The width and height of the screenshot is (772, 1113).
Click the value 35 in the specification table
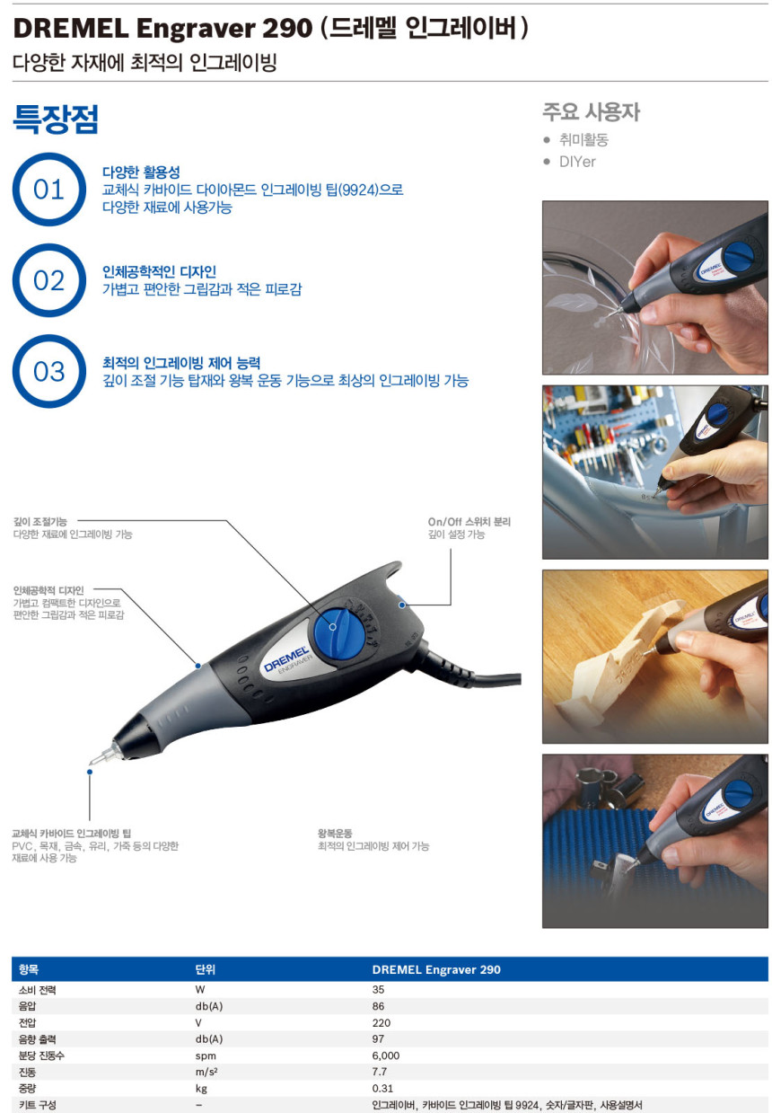pyautogui.click(x=378, y=989)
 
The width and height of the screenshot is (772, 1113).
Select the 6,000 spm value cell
pyautogui.click(x=385, y=1056)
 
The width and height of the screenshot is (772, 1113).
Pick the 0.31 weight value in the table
pyautogui.click(x=382, y=1088)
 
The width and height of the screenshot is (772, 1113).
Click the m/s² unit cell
pyautogui.click(x=206, y=1072)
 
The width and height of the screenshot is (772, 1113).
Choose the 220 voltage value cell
pyautogui.click(x=381, y=1022)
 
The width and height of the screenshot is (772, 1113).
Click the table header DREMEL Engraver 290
pyautogui.click(x=436, y=969)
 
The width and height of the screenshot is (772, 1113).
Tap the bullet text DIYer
pyautogui.click(x=577, y=162)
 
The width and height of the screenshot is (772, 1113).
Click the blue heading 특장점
pyautogui.click(x=55, y=119)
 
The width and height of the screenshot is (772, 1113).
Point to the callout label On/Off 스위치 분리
pyautogui.click(x=469, y=522)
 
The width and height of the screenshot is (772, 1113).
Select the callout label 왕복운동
pyautogui.click(x=335, y=834)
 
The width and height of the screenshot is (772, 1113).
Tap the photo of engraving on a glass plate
pyautogui.click(x=654, y=287)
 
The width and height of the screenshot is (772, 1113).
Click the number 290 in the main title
pyautogui.click(x=286, y=29)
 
